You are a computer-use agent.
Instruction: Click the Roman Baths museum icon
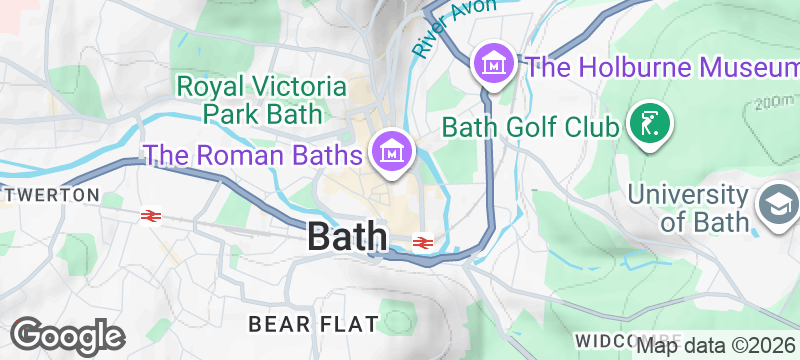tap(392, 152)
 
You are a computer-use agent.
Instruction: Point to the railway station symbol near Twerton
tap(151, 215)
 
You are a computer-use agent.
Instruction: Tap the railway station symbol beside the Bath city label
tap(423, 242)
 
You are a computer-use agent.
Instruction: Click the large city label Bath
tap(347, 237)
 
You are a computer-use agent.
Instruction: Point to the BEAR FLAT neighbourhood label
tap(313, 324)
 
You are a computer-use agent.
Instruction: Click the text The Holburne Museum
tap(661, 68)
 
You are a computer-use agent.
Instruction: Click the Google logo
tap(67, 335)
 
